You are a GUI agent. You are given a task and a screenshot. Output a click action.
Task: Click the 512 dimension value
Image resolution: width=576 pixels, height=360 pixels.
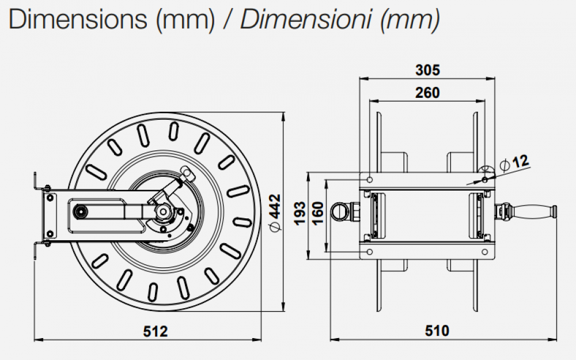pyautogui.click(x=155, y=332)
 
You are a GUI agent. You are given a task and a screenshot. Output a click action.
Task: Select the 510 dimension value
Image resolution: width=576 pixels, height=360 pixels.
pyautogui.click(x=437, y=332)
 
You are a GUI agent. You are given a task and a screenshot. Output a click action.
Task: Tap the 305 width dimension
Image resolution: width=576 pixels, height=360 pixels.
pyautogui.click(x=427, y=70)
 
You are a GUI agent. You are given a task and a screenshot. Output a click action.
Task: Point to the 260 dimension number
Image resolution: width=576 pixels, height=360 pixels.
pyautogui.click(x=427, y=93)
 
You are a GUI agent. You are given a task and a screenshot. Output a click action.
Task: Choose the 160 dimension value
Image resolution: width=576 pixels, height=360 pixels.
pyautogui.click(x=317, y=214)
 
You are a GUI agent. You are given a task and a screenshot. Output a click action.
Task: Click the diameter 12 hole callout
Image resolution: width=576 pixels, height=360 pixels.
pyautogui.click(x=515, y=162)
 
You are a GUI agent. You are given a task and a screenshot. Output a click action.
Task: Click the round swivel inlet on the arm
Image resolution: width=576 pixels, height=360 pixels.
pyautogui.click(x=78, y=211)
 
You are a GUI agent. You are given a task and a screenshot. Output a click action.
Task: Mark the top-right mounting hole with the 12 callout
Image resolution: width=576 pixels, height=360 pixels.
pyautogui.click(x=486, y=180)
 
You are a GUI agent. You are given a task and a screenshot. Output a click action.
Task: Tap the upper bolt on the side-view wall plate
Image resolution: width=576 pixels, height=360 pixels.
pyautogui.click(x=50, y=198)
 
